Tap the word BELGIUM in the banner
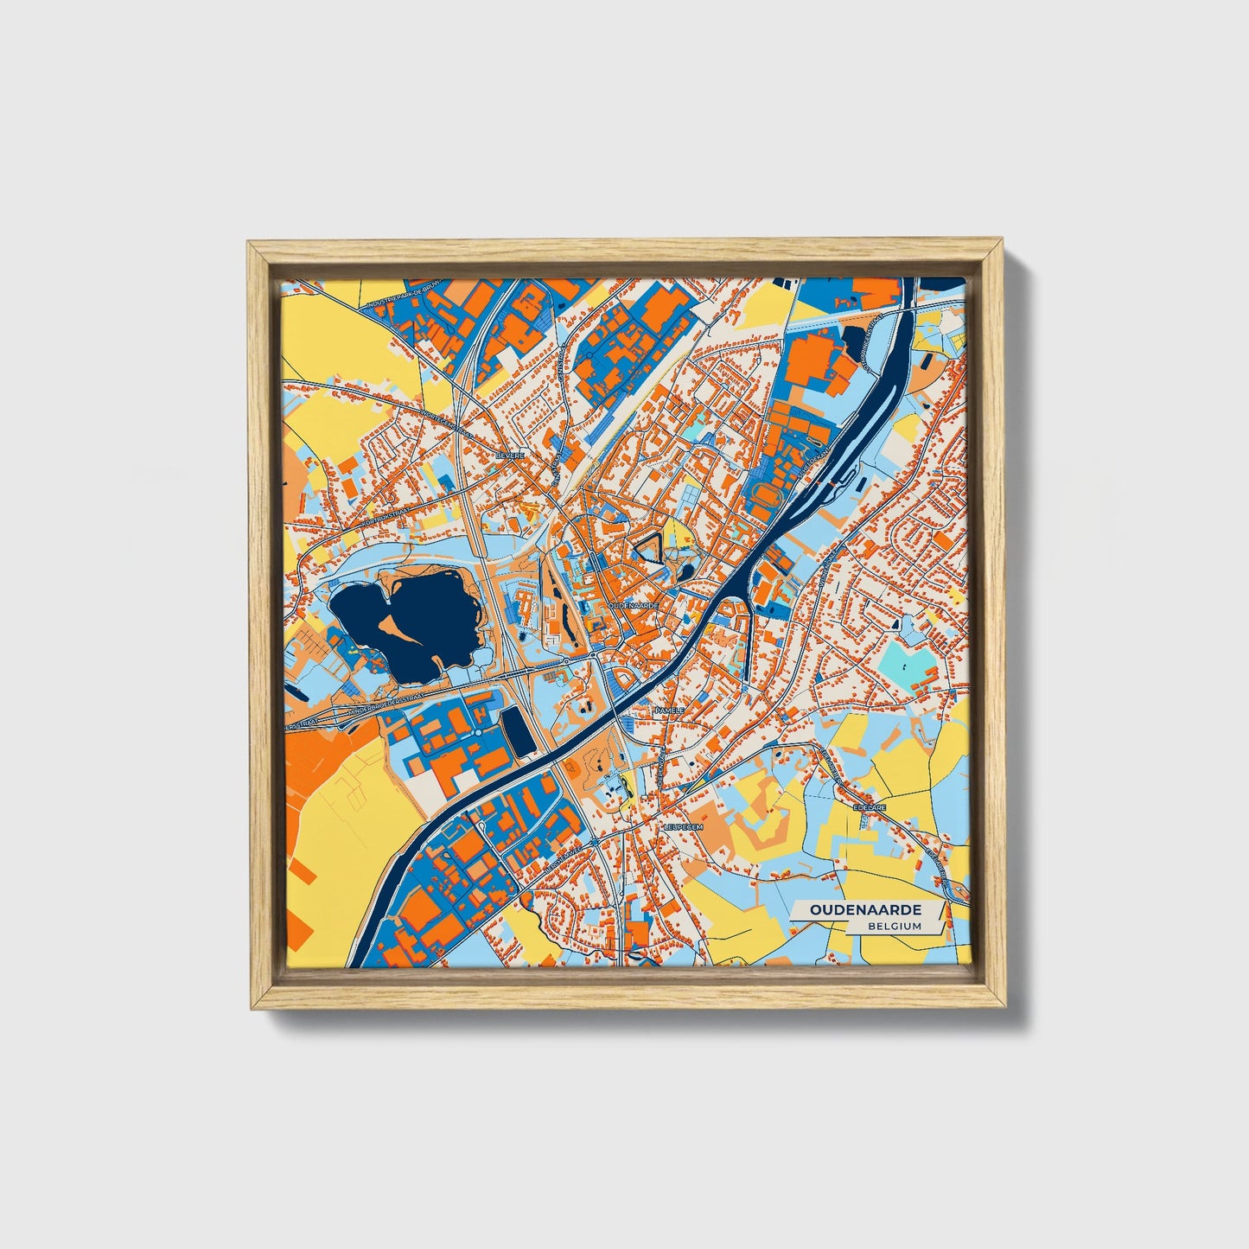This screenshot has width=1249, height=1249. click(896, 926)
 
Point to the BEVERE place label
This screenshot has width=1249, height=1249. click(509, 455)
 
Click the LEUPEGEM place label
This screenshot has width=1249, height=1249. click(684, 827)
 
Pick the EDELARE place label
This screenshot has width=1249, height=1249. click(866, 806)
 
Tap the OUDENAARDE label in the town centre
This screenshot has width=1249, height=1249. click(634, 606)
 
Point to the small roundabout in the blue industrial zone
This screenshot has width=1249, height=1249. click(478, 733)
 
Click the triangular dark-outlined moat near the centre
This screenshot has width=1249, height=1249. click(649, 545)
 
